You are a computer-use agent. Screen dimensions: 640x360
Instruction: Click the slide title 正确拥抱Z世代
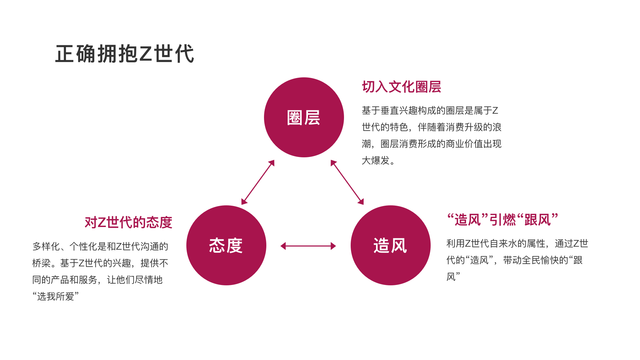(x=125, y=54)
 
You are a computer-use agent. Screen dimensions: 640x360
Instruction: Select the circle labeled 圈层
(x=304, y=117)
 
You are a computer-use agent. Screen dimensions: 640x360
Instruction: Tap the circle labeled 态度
(x=226, y=245)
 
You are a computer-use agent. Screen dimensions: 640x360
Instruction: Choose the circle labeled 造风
(x=390, y=245)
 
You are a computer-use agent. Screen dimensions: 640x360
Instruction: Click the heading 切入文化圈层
(x=401, y=87)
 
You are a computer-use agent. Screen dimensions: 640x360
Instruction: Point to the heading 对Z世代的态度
(x=128, y=222)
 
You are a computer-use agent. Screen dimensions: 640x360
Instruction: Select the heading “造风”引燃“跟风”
(x=502, y=220)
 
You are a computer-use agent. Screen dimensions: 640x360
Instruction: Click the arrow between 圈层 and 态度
(x=258, y=182)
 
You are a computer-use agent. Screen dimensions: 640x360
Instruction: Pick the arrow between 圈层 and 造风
(x=347, y=182)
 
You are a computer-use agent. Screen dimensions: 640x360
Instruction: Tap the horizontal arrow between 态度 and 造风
(x=308, y=246)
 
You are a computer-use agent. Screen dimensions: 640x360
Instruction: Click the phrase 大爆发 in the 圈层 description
(x=376, y=161)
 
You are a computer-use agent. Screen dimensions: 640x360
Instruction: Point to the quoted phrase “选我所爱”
(x=56, y=296)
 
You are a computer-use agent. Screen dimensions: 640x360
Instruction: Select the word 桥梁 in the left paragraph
(x=41, y=263)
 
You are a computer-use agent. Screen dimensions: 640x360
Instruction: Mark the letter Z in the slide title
(x=146, y=54)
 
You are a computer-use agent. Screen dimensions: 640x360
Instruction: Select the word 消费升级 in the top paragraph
(x=464, y=127)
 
